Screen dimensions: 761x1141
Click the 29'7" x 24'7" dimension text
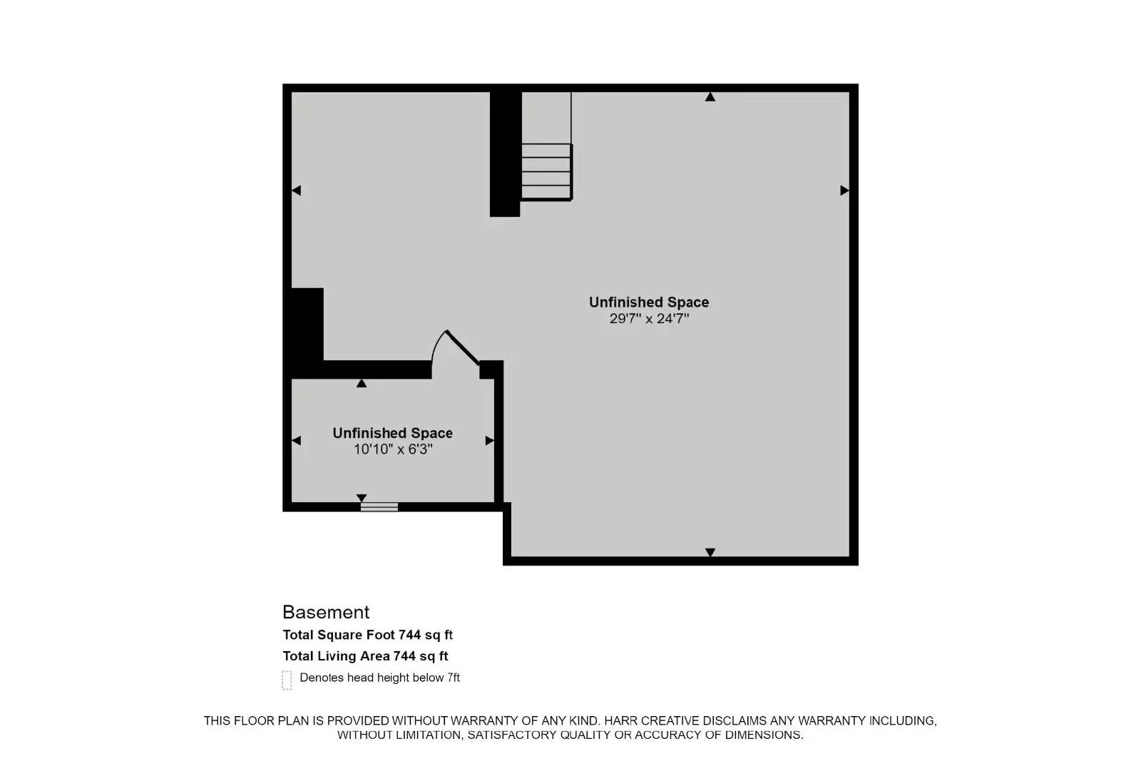(649, 319)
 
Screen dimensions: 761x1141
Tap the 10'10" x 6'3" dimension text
(393, 449)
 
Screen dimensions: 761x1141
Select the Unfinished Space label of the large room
(649, 302)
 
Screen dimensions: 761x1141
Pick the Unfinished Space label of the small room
(393, 433)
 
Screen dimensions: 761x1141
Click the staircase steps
(546, 171)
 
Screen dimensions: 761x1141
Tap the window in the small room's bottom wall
(379, 507)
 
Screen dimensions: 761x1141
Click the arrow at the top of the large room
(710, 97)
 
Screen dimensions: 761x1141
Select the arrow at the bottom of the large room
(710, 552)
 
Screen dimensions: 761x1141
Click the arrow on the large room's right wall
(844, 190)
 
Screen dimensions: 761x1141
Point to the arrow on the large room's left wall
(297, 190)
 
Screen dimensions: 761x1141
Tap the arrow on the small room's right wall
(489, 441)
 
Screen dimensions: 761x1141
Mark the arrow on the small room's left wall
(297, 441)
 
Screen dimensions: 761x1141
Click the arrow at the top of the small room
(362, 384)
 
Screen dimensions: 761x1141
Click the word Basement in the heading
(326, 612)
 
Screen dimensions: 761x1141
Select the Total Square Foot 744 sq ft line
(367, 635)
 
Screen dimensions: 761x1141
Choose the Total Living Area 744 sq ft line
(365, 656)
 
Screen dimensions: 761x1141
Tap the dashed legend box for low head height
(287, 680)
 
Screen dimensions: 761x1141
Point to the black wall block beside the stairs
(505, 153)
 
